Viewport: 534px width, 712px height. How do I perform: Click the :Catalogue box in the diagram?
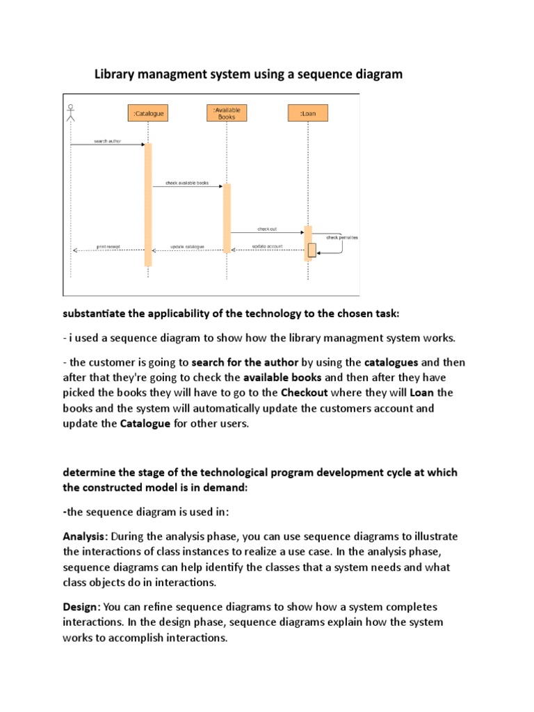(x=147, y=113)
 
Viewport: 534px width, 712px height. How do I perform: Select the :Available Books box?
(x=227, y=113)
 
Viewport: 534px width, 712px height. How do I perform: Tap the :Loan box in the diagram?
(x=307, y=113)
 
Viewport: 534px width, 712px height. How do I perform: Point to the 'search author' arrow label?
(x=107, y=141)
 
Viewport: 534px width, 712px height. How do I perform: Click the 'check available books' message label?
(x=186, y=183)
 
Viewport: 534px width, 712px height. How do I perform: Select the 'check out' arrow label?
(x=267, y=229)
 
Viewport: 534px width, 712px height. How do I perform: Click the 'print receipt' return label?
(x=108, y=246)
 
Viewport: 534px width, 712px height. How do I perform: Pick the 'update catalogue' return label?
(x=187, y=246)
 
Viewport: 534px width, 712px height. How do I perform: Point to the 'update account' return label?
(x=266, y=246)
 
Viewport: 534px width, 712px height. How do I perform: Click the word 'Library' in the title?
(x=114, y=74)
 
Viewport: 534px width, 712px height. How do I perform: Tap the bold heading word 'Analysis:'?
(x=86, y=537)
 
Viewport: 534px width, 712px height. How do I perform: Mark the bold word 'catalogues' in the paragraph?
(x=391, y=362)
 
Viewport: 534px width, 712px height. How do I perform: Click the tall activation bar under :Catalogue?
(x=148, y=204)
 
